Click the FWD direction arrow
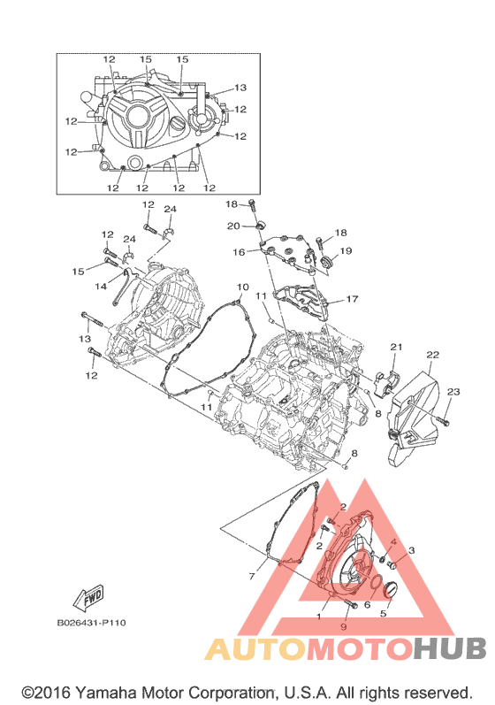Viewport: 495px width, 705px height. [89, 597]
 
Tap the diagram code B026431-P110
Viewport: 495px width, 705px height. [91, 623]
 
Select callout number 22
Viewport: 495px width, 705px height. [432, 355]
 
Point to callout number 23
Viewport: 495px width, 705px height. [453, 392]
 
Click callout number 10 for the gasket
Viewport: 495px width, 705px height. [242, 287]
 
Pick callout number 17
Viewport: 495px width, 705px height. [352, 299]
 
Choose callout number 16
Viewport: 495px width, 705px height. [239, 252]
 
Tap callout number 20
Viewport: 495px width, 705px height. [233, 226]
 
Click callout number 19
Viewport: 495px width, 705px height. [346, 251]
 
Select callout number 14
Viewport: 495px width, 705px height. [101, 286]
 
